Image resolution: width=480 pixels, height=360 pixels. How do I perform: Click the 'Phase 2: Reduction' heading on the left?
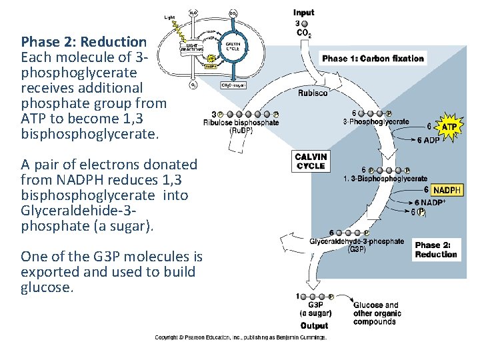(x=83, y=41)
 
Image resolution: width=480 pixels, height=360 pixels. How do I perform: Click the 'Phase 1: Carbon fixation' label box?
(x=373, y=59)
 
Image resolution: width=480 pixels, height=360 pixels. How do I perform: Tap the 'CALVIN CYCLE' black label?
(x=311, y=161)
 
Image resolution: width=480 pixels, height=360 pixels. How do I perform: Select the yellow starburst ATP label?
(x=450, y=126)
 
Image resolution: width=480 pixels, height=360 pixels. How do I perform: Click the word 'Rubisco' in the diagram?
(x=313, y=93)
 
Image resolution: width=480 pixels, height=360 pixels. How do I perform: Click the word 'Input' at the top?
(x=303, y=13)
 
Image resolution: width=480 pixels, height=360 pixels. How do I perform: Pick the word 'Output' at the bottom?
(x=314, y=326)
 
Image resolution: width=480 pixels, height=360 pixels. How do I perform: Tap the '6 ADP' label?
(x=427, y=140)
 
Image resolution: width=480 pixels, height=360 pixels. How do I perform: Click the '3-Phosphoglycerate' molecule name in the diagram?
(x=376, y=121)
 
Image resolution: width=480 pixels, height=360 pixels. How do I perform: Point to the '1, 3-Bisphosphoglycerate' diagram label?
(x=385, y=179)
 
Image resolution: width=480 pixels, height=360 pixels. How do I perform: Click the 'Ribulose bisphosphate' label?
(x=241, y=123)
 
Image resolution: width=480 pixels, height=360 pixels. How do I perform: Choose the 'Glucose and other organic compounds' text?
(x=377, y=313)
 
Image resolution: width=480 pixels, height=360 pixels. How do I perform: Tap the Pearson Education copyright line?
(x=240, y=338)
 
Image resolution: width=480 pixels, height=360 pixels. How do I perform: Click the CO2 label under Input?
(x=303, y=33)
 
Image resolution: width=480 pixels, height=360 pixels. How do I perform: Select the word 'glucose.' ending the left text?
(x=46, y=287)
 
